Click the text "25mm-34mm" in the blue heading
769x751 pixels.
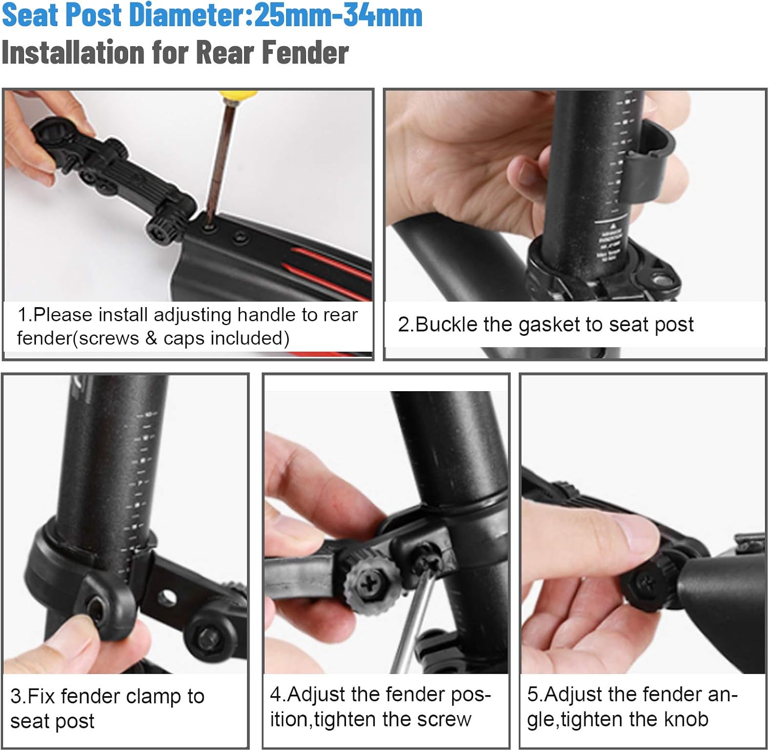click(x=338, y=15)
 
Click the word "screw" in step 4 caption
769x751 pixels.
click(x=443, y=719)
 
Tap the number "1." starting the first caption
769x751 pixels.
click(x=24, y=315)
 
